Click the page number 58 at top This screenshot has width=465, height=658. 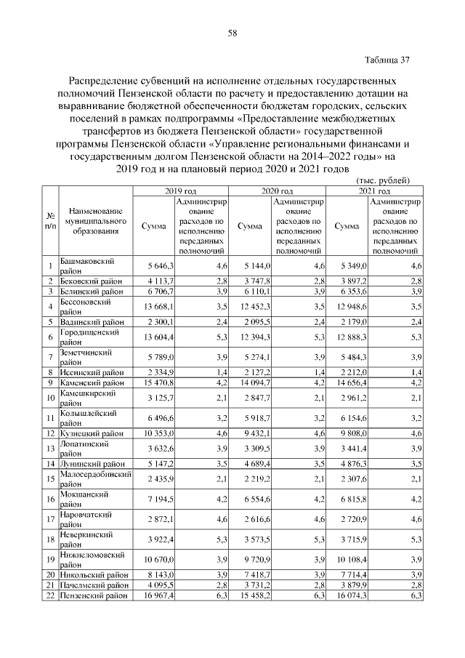(232, 33)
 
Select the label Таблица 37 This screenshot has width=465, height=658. (386, 60)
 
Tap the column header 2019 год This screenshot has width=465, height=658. (181, 190)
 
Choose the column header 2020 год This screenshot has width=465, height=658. (278, 190)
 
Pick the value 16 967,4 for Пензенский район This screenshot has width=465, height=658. (156, 595)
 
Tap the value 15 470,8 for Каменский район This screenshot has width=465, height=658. (156, 382)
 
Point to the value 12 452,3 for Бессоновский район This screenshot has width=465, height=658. (254, 306)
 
